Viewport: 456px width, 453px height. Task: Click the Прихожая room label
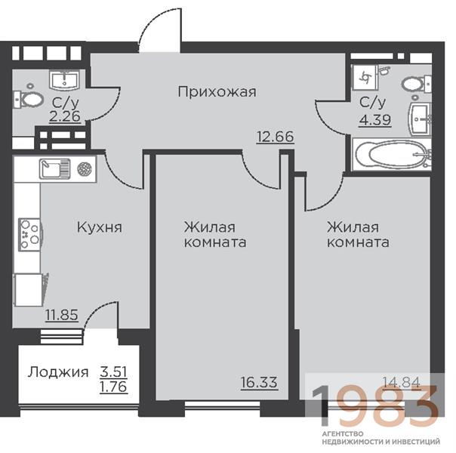[x=217, y=92]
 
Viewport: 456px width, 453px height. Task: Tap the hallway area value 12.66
[x=275, y=137]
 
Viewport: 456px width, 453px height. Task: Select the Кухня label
[x=100, y=227]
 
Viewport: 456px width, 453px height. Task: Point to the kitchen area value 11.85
[x=62, y=315]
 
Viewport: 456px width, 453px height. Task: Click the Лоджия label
[x=58, y=372]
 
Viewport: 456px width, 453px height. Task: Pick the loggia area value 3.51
[x=113, y=371]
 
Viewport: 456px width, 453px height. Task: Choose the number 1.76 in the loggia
[x=113, y=387]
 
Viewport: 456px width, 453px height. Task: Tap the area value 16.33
[x=259, y=382]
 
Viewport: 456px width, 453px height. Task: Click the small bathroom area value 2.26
[x=65, y=116]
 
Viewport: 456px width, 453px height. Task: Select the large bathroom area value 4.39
[x=375, y=120]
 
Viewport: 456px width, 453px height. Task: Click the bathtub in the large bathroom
[x=392, y=154]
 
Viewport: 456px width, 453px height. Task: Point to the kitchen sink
[x=54, y=168]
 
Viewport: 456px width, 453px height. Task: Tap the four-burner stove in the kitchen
[x=29, y=234]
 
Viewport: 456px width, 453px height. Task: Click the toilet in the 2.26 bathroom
[x=29, y=100]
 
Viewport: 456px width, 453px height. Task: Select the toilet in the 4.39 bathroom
[x=417, y=84]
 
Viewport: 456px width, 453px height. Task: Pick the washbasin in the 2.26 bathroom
[x=64, y=80]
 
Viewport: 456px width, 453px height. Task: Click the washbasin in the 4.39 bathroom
[x=420, y=119]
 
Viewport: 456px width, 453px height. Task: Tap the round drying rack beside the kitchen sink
[x=85, y=168]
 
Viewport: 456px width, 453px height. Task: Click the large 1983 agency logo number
[x=375, y=405]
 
